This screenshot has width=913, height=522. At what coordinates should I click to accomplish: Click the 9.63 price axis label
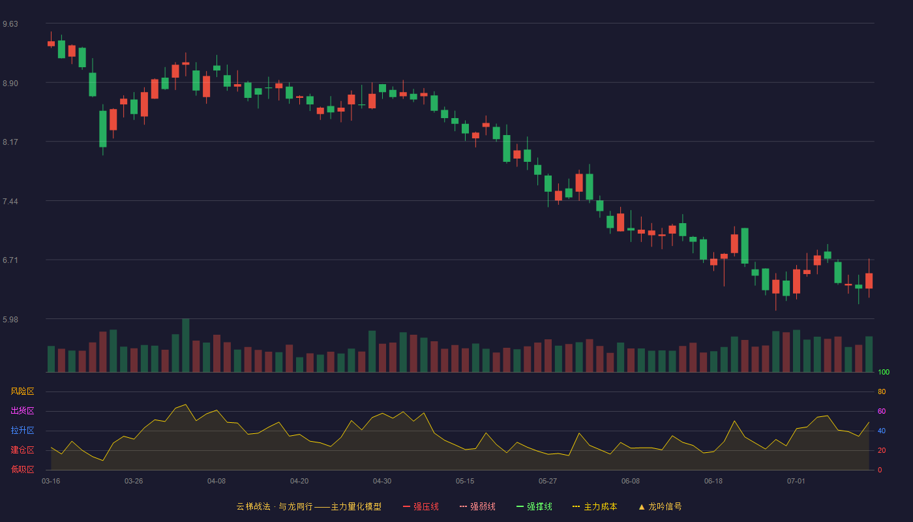[10, 24]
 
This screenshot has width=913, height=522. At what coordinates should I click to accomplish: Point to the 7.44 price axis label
[10, 202]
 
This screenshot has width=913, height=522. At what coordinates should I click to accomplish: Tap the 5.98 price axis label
[10, 320]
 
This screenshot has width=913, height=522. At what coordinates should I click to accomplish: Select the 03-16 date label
[51, 482]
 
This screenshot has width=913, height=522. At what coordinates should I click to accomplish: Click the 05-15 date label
[465, 482]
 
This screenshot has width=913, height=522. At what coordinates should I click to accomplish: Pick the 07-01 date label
[796, 482]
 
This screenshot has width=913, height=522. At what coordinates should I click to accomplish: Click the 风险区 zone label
[22, 391]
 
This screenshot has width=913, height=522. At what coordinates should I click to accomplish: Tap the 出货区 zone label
[22, 410]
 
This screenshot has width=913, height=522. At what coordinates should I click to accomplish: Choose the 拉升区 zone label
[22, 430]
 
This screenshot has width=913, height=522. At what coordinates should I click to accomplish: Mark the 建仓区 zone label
[22, 450]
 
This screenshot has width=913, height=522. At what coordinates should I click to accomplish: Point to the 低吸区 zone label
[22, 469]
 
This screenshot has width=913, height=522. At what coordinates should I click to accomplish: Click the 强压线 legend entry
[421, 507]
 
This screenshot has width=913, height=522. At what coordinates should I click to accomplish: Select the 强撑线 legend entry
[534, 507]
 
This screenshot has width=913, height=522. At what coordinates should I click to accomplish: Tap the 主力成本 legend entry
[595, 507]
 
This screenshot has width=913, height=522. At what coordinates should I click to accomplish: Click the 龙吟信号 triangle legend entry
[660, 507]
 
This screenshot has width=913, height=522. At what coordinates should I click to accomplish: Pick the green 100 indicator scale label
[884, 372]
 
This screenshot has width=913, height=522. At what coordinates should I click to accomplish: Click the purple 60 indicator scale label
[882, 411]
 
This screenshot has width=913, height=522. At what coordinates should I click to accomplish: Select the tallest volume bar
[186, 345]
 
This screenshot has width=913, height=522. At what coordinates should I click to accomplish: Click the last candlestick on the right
[869, 278]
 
